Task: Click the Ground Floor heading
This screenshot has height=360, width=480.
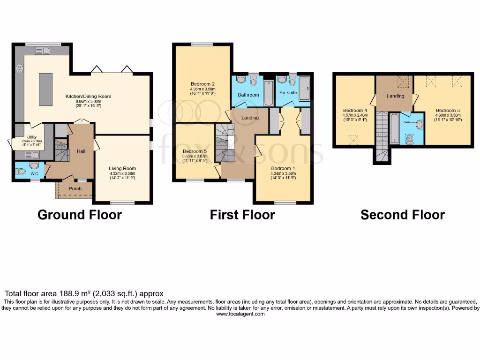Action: (x=79, y=215)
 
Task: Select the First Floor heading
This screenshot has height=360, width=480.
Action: (x=242, y=215)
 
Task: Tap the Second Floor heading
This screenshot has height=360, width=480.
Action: (x=402, y=215)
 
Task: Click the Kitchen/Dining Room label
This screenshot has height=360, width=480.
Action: (x=88, y=96)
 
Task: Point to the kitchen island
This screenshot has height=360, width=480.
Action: (x=46, y=89)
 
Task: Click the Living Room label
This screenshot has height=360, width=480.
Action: (x=122, y=168)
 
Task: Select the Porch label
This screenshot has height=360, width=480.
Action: (x=75, y=189)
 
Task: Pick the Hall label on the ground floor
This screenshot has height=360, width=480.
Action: (x=81, y=151)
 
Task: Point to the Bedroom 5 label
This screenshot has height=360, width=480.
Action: (x=195, y=151)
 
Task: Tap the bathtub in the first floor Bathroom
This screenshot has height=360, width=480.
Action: (x=269, y=93)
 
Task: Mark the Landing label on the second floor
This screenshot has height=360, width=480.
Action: (x=396, y=96)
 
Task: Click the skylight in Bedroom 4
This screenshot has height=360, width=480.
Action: (x=354, y=139)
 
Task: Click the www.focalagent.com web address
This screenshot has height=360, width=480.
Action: (x=240, y=314)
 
